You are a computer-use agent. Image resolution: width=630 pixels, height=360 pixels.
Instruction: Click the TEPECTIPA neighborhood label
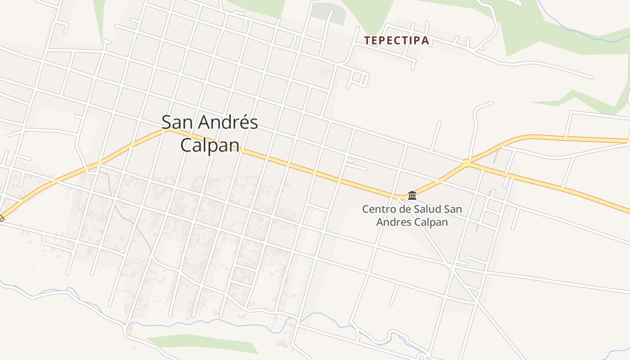coord(396,40)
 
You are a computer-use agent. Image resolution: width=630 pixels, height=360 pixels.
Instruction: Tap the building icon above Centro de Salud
coord(412,195)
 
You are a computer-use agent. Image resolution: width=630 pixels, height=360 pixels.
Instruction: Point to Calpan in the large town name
coord(209,145)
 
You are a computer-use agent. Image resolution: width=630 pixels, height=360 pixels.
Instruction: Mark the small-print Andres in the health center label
coord(393,222)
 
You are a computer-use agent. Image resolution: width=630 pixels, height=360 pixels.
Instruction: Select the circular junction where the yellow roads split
coord(466,162)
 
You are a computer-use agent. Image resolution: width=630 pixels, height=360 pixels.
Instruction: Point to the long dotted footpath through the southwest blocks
coord(130,220)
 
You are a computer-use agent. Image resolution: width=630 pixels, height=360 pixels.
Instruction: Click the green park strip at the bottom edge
coord(202,343)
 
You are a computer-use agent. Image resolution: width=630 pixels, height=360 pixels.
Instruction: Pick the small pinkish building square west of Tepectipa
coord(324,71)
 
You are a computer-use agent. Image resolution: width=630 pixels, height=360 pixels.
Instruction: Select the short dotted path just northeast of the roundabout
coord(495,156)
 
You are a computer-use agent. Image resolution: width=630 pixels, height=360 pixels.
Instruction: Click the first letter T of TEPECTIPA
coord(367,40)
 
